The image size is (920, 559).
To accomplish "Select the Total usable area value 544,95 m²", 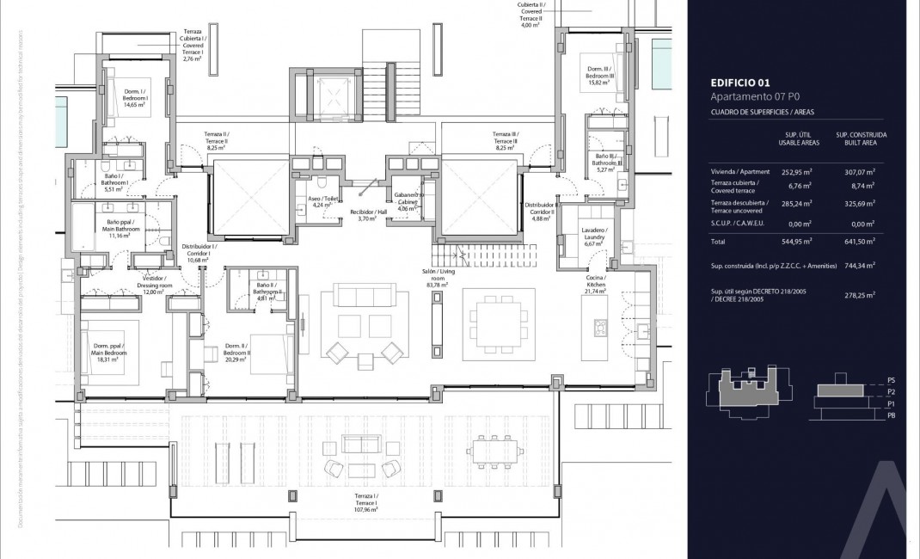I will click(x=799, y=243).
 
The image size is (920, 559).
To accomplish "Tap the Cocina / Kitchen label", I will click(x=596, y=284).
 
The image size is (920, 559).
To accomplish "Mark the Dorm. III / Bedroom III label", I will click(x=600, y=72).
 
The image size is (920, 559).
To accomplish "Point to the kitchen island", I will click(x=598, y=329).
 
